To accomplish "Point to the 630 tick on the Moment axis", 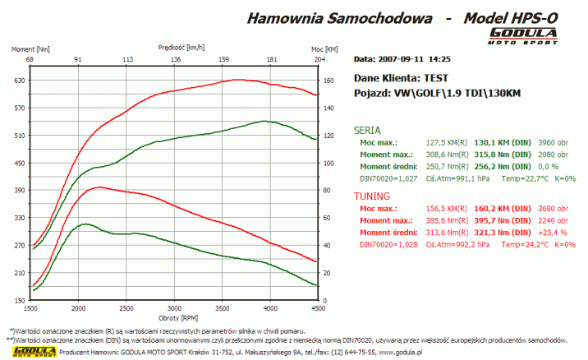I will (x=19, y=81).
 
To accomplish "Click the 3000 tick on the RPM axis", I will (x=172, y=309).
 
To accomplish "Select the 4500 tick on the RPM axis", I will (x=316, y=309).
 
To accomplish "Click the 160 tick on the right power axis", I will (x=328, y=81).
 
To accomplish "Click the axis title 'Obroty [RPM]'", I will (x=173, y=317).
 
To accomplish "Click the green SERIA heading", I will (x=366, y=130).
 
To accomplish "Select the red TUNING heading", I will (x=371, y=196).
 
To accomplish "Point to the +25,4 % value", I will (x=552, y=233).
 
